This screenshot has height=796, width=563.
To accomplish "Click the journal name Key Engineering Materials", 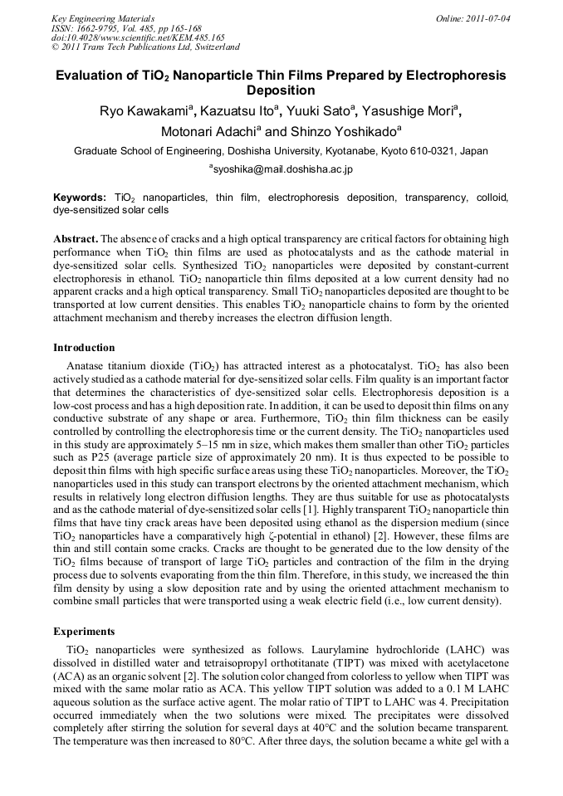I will tap(103, 17).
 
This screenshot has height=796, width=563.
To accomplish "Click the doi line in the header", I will tap(138, 37).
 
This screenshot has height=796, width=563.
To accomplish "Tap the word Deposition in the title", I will tap(281, 90).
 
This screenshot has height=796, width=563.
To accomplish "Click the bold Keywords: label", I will tap(80, 198).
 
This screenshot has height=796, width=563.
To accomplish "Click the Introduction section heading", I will tap(84, 348).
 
